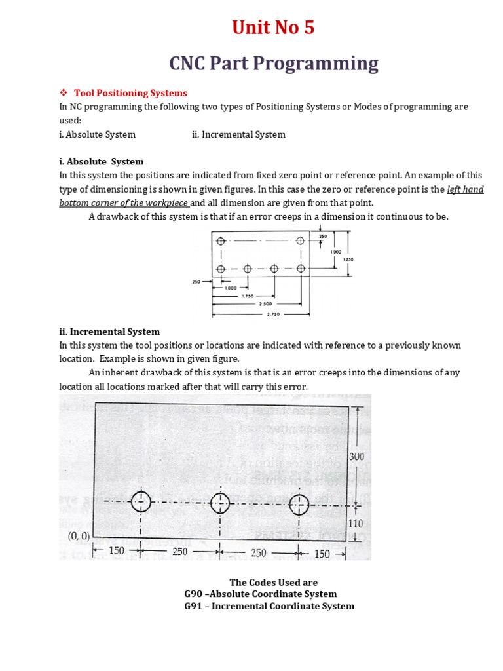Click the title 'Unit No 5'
click(x=273, y=28)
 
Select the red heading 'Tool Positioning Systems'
click(x=130, y=93)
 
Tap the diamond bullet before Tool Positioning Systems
click(x=64, y=93)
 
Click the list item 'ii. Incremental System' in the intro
click(x=238, y=134)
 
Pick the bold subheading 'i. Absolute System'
click(x=101, y=161)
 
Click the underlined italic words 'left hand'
click(x=465, y=189)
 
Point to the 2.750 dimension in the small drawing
click(x=272, y=314)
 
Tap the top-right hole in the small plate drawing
click(x=301, y=241)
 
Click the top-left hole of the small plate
click(x=221, y=241)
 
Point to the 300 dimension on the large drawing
click(x=356, y=456)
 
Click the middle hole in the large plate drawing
click(x=220, y=503)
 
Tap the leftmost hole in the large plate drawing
click(x=141, y=503)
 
